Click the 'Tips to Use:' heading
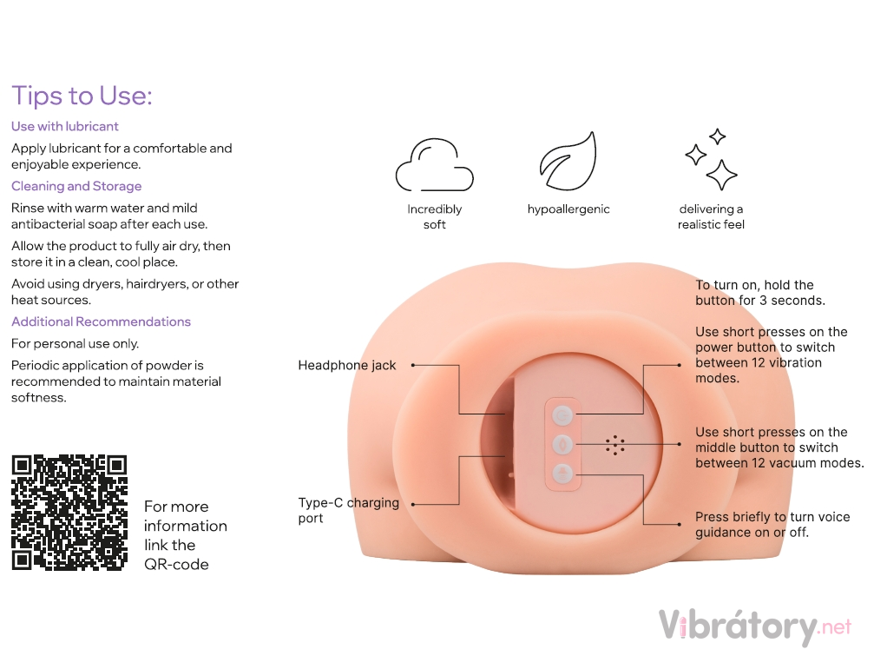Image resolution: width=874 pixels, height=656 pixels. click(x=82, y=96)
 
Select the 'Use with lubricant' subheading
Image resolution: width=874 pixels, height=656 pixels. click(x=64, y=127)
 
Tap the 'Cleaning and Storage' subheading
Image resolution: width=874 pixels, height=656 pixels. click(x=76, y=186)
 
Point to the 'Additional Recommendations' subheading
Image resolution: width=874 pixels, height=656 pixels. click(x=101, y=321)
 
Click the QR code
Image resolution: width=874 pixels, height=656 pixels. click(x=69, y=513)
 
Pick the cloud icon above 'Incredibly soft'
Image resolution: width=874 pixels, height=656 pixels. click(x=434, y=165)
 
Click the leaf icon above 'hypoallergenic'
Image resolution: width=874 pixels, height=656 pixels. click(x=568, y=162)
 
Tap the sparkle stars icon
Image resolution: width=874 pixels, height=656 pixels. click(x=711, y=160)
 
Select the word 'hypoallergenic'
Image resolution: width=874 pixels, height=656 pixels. click(x=568, y=209)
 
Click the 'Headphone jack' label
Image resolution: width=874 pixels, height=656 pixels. click(x=346, y=366)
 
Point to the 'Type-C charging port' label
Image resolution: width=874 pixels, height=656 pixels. click(x=348, y=510)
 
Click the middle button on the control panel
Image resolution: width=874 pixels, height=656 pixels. click(x=563, y=445)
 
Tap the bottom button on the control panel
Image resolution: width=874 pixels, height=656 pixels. click(x=563, y=474)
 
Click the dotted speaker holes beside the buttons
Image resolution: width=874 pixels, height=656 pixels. click(x=614, y=445)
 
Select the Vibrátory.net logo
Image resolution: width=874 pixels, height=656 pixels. click(x=755, y=627)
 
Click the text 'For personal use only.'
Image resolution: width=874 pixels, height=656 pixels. click(x=76, y=343)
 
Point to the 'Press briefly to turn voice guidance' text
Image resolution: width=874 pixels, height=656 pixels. click(x=772, y=524)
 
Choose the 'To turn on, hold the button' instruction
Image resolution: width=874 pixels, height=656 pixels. click(x=760, y=293)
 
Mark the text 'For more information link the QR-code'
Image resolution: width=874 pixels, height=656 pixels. click(x=186, y=535)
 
